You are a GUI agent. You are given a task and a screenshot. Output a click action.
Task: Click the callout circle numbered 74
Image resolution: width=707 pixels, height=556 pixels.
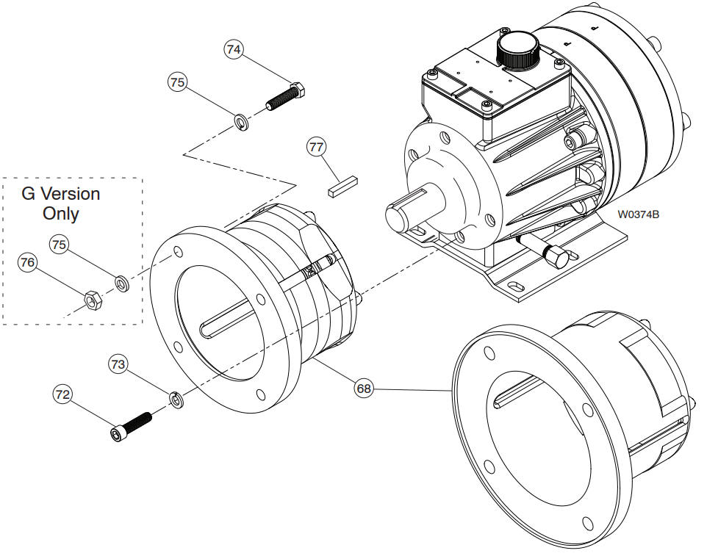234,50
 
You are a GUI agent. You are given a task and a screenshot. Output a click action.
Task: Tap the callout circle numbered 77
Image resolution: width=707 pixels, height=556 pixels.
316,148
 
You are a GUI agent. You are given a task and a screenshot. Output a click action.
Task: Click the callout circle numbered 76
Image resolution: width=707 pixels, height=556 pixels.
27,262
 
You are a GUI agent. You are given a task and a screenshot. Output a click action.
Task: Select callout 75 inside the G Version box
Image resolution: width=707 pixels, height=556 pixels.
60,244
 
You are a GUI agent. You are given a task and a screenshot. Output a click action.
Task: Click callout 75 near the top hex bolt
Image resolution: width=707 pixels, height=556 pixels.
177,82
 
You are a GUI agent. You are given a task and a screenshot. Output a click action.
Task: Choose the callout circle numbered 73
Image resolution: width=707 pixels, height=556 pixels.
118,364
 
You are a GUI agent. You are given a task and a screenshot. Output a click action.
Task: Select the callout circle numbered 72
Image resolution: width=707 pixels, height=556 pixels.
62,394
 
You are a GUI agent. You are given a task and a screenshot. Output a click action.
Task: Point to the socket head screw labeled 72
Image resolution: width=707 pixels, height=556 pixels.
132,426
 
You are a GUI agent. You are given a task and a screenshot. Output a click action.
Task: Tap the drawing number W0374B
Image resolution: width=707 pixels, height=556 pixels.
637,214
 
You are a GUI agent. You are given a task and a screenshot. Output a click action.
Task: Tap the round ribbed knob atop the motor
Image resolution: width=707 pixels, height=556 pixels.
518,48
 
